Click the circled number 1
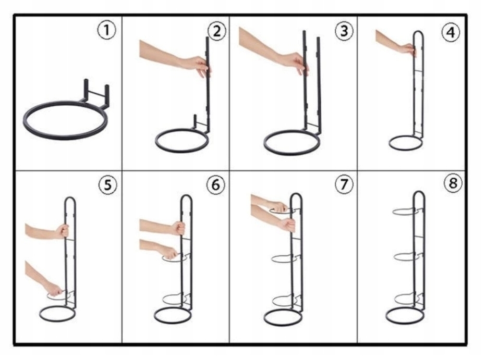click(x=106, y=30)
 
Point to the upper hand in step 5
click(x=63, y=231)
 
